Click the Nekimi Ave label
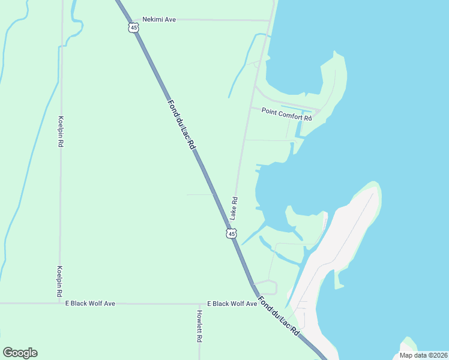pyautogui.click(x=158, y=20)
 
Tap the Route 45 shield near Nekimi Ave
pyautogui.click(x=133, y=28)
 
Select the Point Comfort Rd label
pyautogui.click(x=286, y=115)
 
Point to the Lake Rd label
pyautogui.click(x=235, y=208)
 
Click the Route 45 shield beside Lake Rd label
pyautogui.click(x=232, y=233)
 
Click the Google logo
pyautogui.click(x=20, y=353)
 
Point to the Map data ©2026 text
pyautogui.click(x=423, y=355)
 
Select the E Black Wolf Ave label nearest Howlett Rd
pyautogui.click(x=232, y=304)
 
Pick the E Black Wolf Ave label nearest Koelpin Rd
pyautogui.click(x=90, y=304)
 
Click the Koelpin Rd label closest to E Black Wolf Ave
pyautogui.click(x=60, y=282)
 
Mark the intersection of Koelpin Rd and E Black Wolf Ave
pyautogui.click(x=61, y=304)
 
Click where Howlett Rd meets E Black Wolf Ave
pyautogui.click(x=199, y=304)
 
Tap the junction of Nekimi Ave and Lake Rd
pyautogui.click(x=270, y=20)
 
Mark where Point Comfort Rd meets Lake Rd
pyautogui.click(x=250, y=107)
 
